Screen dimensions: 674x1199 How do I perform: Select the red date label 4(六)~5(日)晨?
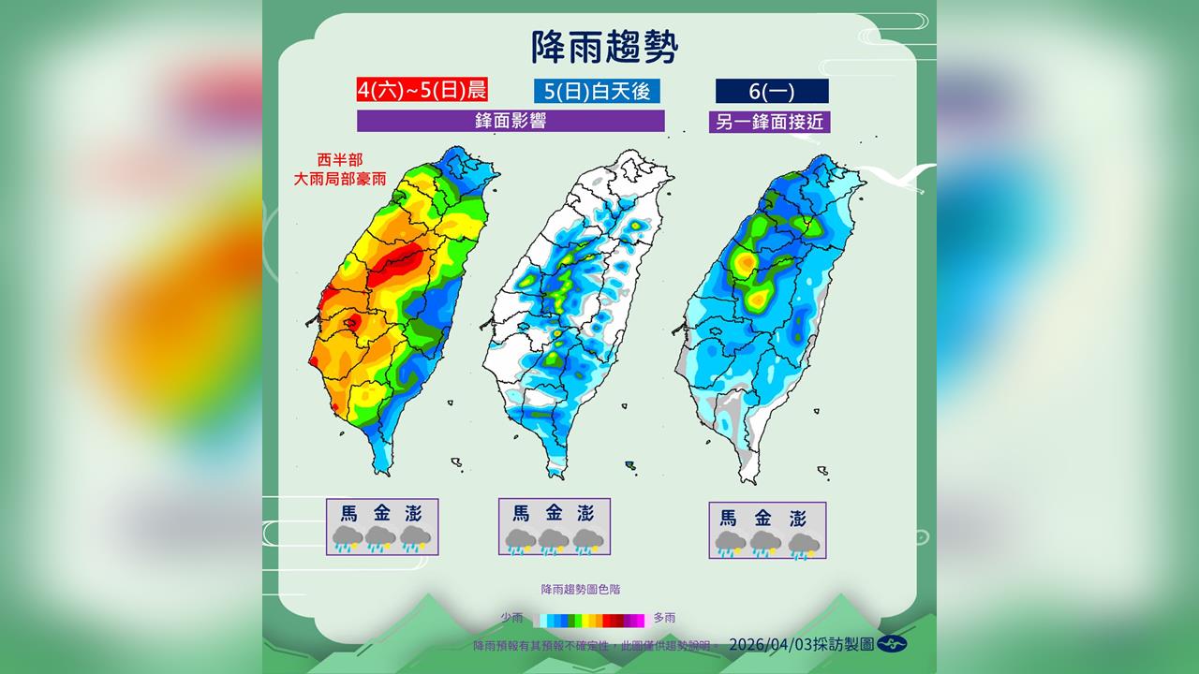pyautogui.click(x=422, y=91)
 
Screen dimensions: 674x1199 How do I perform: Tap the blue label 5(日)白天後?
pyautogui.click(x=597, y=91)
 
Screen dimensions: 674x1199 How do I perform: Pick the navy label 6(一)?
pyautogui.click(x=771, y=91)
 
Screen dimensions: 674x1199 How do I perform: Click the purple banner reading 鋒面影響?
pyautogui.click(x=511, y=121)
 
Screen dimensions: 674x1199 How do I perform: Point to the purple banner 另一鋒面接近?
pyautogui.click(x=771, y=122)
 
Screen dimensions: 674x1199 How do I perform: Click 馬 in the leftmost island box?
pyautogui.click(x=348, y=513)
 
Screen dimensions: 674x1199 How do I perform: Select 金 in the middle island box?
pyautogui.click(x=554, y=513)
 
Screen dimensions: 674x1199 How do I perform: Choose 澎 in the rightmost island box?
pyautogui.click(x=798, y=518)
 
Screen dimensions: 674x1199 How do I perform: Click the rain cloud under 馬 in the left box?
pyautogui.click(x=348, y=538)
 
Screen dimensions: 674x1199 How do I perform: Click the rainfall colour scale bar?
pyautogui.click(x=589, y=619)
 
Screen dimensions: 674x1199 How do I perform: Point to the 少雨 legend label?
pyautogui.click(x=511, y=618)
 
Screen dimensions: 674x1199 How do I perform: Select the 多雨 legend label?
pyautogui.click(x=664, y=618)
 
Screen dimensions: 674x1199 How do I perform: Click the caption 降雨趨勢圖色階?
pyautogui.click(x=580, y=590)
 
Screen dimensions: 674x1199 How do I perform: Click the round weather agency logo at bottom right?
pyautogui.click(x=892, y=644)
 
